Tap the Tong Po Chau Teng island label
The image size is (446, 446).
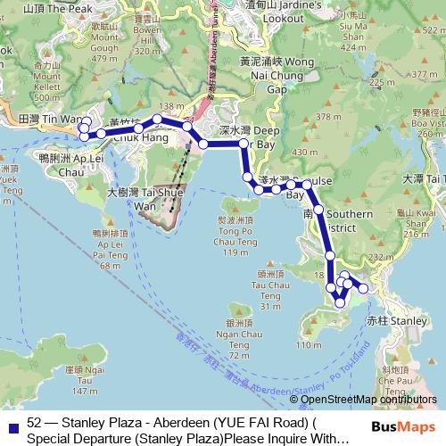coord(233,235)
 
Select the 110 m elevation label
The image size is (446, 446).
coord(306,345)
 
